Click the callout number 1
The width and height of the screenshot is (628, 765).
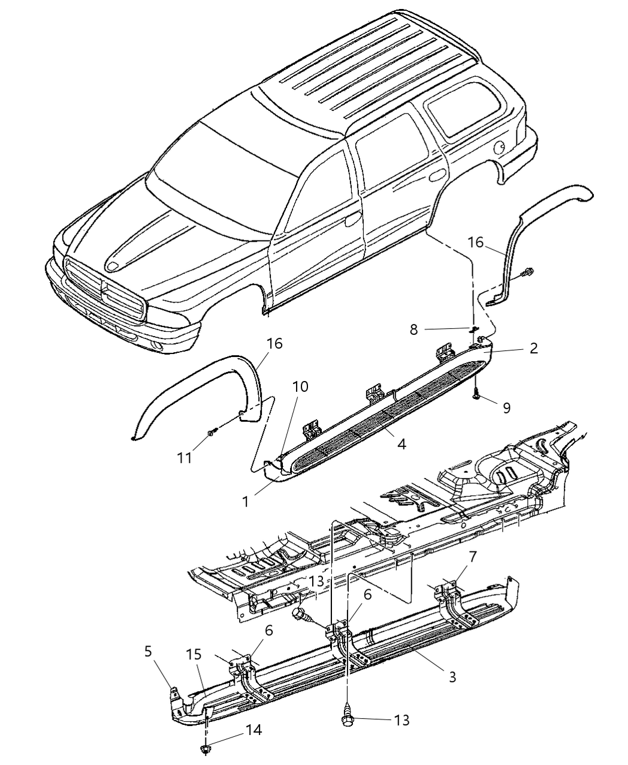pos(245,502)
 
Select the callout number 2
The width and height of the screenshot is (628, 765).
pos(533,348)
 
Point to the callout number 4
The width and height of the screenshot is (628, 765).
pos(401,444)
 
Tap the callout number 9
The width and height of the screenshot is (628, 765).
pos(506,408)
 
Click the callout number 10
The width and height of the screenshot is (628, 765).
pos(300,387)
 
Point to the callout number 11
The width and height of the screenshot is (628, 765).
pos(184,457)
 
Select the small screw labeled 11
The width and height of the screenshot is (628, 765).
pos(212,433)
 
